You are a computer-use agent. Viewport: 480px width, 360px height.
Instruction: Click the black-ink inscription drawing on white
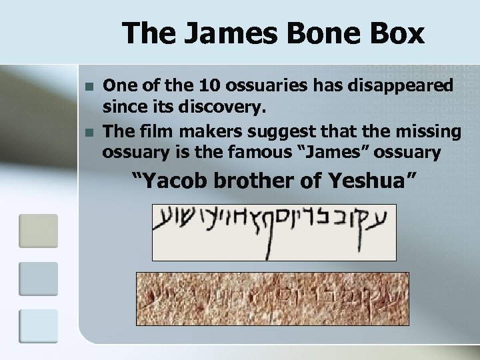[274, 232]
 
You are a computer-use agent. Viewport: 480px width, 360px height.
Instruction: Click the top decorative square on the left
[38, 230]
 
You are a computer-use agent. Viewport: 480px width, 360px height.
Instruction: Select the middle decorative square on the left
[38, 278]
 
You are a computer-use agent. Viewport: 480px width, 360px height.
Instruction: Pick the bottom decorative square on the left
[38, 326]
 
